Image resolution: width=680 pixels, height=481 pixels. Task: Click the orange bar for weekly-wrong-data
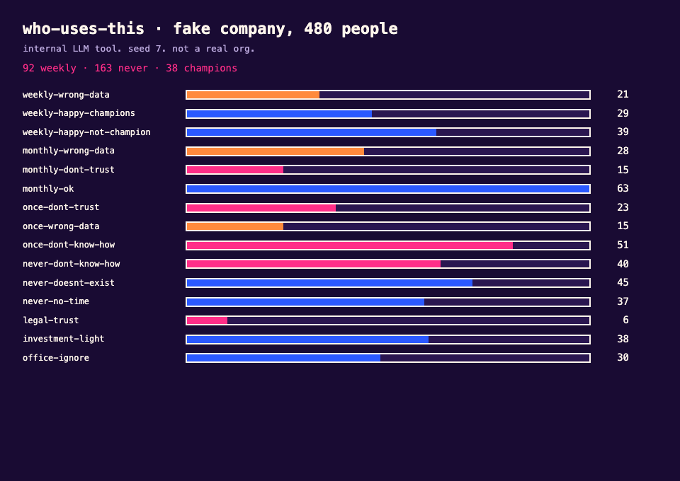pyautogui.click(x=254, y=95)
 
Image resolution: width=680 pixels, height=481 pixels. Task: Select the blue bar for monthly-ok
pyautogui.click(x=388, y=189)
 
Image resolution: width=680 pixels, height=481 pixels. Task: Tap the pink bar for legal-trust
pyautogui.click(x=207, y=320)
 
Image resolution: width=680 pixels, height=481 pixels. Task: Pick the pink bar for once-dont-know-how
pyautogui.click(x=349, y=245)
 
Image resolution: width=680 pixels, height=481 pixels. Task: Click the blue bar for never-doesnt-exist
pyautogui.click(x=329, y=283)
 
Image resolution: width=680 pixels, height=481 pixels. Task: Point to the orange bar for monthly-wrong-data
pyautogui.click(x=276, y=151)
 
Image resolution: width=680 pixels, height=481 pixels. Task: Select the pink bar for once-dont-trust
pyautogui.click(x=261, y=208)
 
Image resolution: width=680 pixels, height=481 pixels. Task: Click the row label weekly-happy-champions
pyautogui.click(x=79, y=113)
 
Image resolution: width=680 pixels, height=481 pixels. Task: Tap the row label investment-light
pyautogui.click(x=63, y=339)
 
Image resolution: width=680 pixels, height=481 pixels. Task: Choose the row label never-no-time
pyautogui.click(x=56, y=301)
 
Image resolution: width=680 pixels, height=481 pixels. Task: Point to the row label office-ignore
pyautogui.click(x=56, y=358)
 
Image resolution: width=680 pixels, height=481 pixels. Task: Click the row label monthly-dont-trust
pyautogui.click(x=69, y=170)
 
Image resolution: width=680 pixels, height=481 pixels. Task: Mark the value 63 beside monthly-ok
pyautogui.click(x=623, y=188)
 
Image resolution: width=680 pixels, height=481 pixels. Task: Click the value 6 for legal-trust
pyautogui.click(x=625, y=320)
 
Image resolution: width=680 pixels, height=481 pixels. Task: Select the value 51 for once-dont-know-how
pyautogui.click(x=623, y=245)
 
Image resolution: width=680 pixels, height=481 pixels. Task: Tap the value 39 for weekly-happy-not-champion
pyautogui.click(x=623, y=132)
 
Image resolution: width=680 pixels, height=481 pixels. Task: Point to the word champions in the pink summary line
pyautogui.click(x=210, y=69)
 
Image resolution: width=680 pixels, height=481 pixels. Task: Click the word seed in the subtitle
pyautogui.click(x=139, y=49)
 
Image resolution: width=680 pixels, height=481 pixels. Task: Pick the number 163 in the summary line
pyautogui.click(x=103, y=69)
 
